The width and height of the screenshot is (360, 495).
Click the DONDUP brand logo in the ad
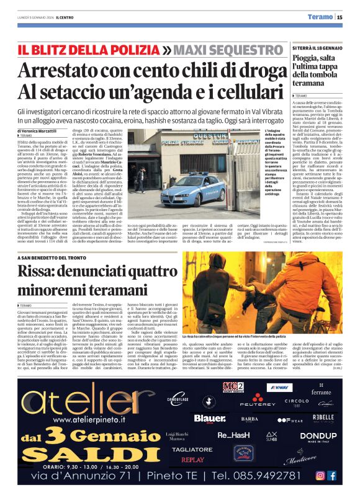coord(318,435)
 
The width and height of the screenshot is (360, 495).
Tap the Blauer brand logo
coord(209,419)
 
